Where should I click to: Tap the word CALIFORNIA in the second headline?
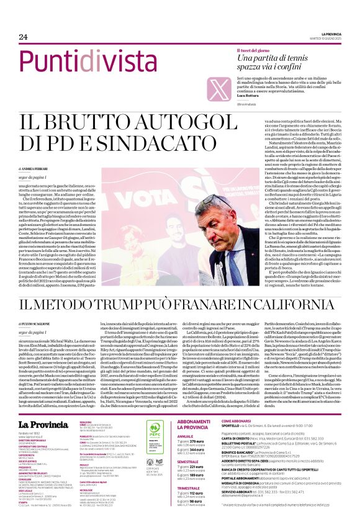point(293,305)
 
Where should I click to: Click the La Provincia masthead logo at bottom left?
point(44,408)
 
